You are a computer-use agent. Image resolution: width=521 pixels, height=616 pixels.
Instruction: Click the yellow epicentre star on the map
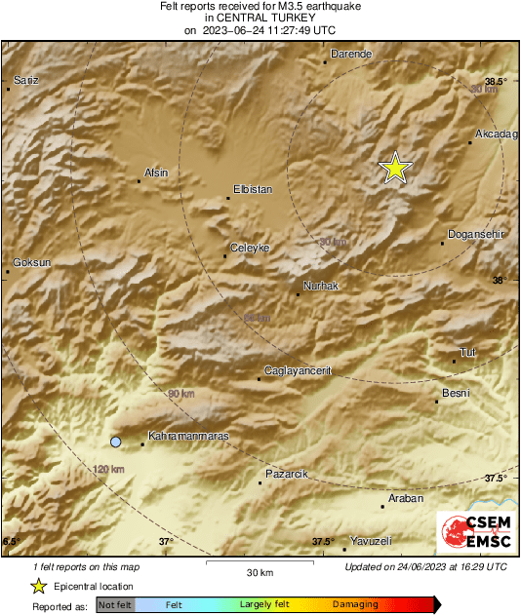tap(394, 169)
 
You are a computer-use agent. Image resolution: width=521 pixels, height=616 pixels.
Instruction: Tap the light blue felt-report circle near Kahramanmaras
tap(116, 442)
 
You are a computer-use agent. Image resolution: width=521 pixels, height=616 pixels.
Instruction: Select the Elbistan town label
tap(254, 189)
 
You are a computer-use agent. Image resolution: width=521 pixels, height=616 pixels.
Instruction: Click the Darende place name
tap(352, 54)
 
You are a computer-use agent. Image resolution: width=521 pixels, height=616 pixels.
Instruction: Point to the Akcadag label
tap(495, 133)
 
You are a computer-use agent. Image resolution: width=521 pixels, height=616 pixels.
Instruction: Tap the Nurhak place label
tap(321, 286)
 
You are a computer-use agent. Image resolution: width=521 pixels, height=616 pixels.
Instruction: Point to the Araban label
tap(406, 498)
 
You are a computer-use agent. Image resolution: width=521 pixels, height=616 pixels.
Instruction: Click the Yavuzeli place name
tap(371, 540)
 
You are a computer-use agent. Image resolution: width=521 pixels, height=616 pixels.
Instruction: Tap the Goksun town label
tap(31, 263)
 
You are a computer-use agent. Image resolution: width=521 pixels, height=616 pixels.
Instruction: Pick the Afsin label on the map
tap(156, 173)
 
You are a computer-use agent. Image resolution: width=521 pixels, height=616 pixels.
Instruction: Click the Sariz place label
tap(25, 79)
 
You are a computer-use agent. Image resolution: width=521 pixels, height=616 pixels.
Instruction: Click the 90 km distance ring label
tap(180, 393)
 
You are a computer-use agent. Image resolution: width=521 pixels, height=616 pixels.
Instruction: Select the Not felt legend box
tap(114, 605)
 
